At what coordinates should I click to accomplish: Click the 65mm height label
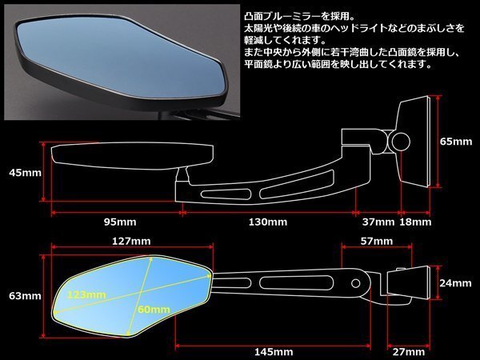point(456,142)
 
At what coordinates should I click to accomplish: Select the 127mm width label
point(131,241)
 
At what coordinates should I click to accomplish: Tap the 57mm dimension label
point(376,241)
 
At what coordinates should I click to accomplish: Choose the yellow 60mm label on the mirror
point(152,310)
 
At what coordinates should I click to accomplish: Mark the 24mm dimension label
point(456,282)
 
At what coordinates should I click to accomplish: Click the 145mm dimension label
point(272,351)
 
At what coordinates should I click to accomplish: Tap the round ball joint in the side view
point(401,142)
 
